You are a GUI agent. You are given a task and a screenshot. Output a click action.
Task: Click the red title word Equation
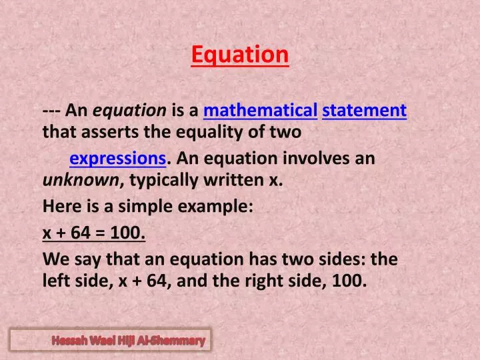click(240, 55)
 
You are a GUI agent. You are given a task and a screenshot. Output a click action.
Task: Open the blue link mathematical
click(260, 110)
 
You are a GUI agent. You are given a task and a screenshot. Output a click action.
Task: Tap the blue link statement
click(364, 110)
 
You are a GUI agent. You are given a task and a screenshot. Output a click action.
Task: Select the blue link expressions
click(118, 159)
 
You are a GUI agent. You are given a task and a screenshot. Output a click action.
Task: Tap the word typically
click(164, 179)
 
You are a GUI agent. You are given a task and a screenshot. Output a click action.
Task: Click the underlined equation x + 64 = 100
click(94, 233)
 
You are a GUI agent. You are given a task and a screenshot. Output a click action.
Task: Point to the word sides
click(345, 259)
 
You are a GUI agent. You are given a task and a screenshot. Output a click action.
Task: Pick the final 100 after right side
click(351, 281)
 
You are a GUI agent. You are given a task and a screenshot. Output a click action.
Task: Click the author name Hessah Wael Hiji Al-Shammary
click(129, 341)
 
